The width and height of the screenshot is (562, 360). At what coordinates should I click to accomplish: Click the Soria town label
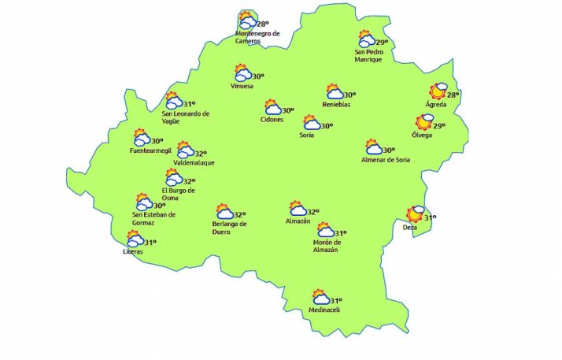pyautogui.click(x=307, y=135)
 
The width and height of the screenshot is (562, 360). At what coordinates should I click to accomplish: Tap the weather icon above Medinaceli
pyautogui.click(x=320, y=298)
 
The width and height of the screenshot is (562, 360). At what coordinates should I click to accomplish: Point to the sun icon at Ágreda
pyautogui.click(x=437, y=92)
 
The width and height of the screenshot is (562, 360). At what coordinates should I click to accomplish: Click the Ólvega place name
pyautogui.click(x=423, y=135)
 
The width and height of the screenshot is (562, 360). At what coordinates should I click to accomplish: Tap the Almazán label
pyautogui.click(x=298, y=221)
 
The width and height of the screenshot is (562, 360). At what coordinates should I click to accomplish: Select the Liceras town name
pyautogui.click(x=133, y=251)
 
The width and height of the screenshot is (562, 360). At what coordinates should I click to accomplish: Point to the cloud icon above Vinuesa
pyautogui.click(x=243, y=73)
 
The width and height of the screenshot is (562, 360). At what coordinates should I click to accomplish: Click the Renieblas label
pyautogui.click(x=336, y=105)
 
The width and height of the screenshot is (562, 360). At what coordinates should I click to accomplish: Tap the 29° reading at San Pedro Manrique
pyautogui.click(x=382, y=43)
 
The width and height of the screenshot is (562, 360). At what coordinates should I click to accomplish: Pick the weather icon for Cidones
pyautogui.click(x=272, y=108)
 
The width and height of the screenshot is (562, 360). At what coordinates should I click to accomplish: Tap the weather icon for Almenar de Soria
pyautogui.click(x=373, y=147)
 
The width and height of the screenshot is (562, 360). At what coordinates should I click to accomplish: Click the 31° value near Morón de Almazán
pyautogui.click(x=341, y=233)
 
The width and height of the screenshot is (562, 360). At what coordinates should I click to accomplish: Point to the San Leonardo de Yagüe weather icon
pyautogui.click(x=172, y=101)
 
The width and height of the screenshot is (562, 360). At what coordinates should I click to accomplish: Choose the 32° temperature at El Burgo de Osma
pyautogui.click(x=189, y=180)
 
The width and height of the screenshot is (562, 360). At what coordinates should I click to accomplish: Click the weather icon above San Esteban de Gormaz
pyautogui.click(x=143, y=202)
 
